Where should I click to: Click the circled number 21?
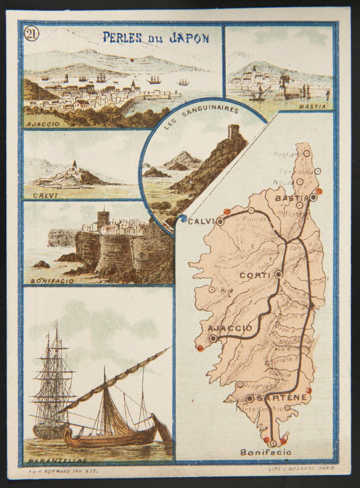click(31, 34)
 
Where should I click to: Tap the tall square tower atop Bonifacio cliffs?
click(103, 219)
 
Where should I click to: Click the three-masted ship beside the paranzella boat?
click(54, 381)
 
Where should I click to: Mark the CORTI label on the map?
click(255, 275)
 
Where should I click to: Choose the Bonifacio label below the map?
click(265, 453)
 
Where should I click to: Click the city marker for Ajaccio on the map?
click(213, 338)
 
